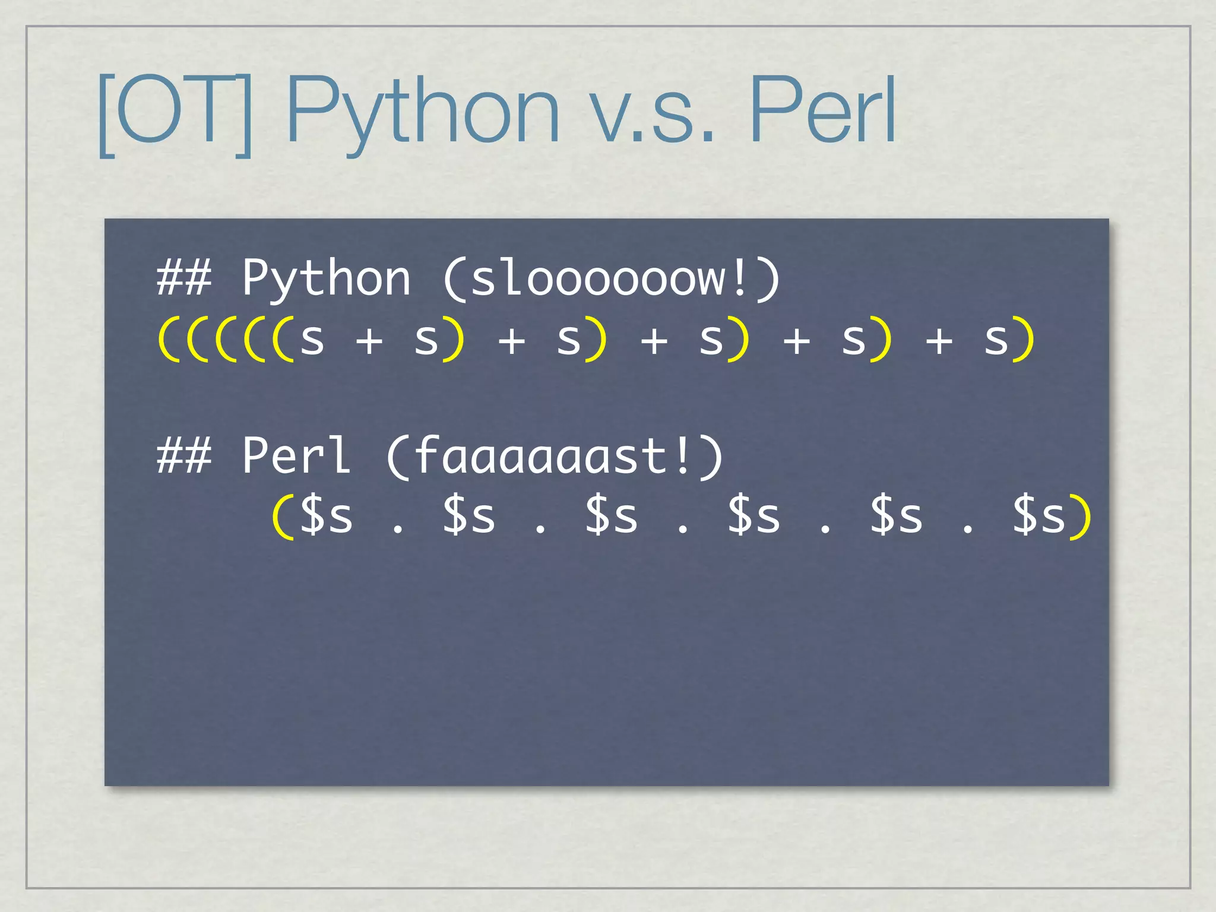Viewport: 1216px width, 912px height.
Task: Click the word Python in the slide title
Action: (423, 112)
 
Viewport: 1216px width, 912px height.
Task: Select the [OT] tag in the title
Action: (176, 113)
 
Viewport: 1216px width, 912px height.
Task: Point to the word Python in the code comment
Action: (326, 278)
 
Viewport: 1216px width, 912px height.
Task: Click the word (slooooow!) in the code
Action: (612, 278)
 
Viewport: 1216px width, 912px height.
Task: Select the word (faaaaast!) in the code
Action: (555, 456)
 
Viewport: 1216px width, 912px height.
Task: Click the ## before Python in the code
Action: (184, 278)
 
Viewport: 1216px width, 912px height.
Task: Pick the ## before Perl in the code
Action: (184, 456)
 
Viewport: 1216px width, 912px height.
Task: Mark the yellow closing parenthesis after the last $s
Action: (1081, 517)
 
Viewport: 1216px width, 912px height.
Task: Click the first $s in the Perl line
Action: (326, 515)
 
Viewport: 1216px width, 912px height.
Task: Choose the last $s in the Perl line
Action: (1038, 515)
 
